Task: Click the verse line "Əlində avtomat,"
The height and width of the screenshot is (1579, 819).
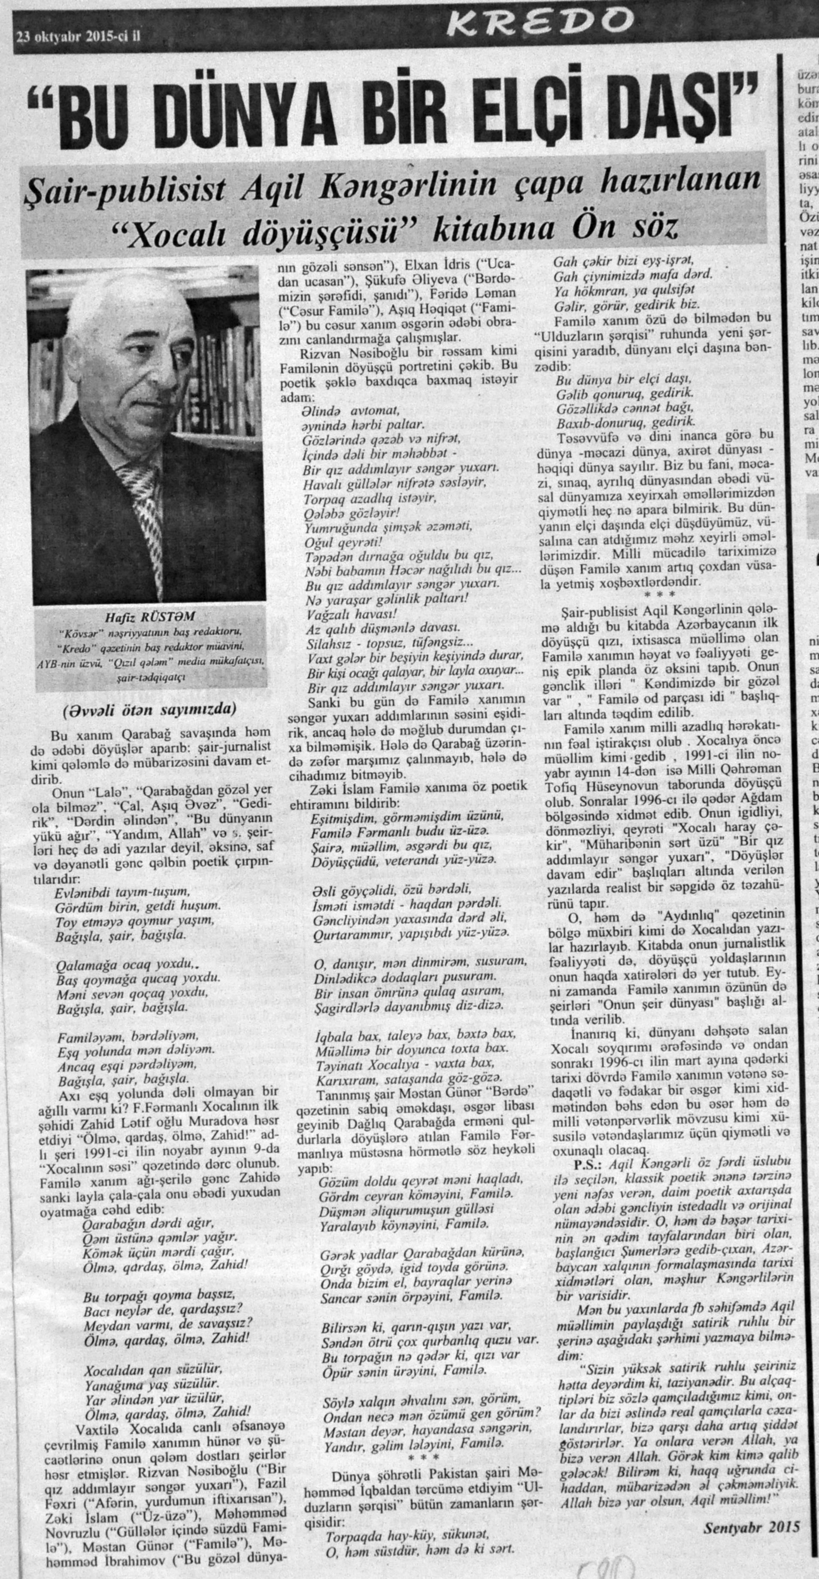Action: click(x=351, y=411)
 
